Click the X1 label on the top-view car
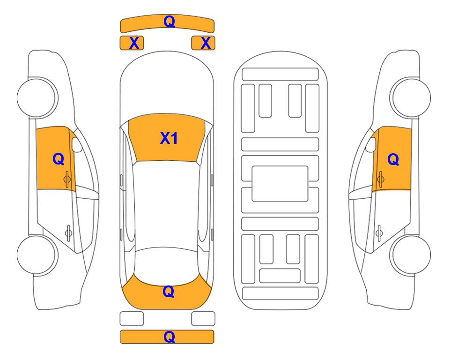(169, 138)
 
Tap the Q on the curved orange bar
(169, 22)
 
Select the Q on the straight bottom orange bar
(169, 337)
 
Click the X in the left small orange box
(134, 43)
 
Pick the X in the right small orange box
(206, 43)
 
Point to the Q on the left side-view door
(59, 159)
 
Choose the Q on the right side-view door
(393, 159)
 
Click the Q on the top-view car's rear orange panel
(169, 292)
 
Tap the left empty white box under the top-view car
(132, 319)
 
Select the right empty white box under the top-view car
(203, 319)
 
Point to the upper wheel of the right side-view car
(410, 97)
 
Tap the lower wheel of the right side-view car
(411, 255)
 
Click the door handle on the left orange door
(67, 180)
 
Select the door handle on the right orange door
(380, 179)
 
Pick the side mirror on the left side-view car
(77, 144)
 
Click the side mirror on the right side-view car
(371, 144)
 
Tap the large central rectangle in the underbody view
(280, 184)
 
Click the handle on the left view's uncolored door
(68, 233)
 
